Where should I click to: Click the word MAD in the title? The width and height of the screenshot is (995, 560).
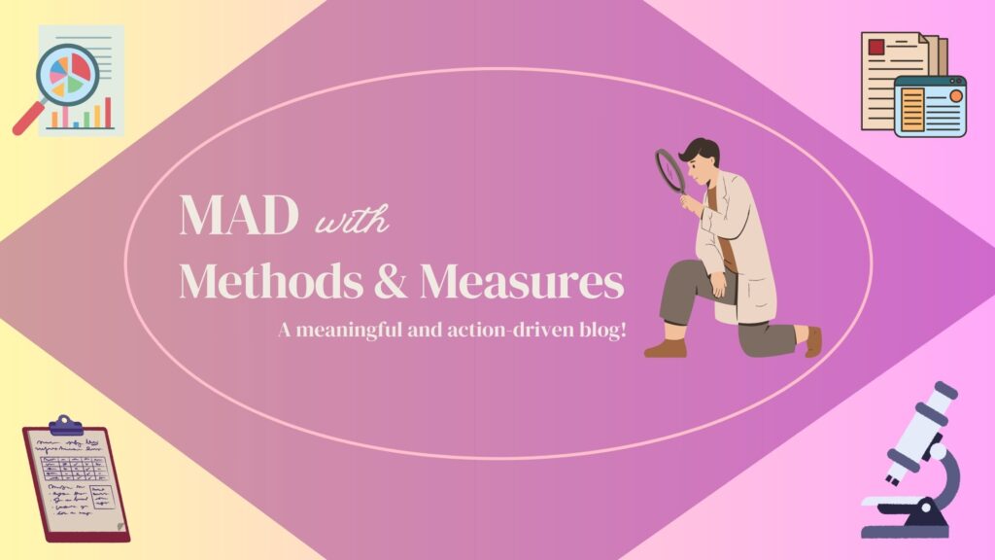pos(239,215)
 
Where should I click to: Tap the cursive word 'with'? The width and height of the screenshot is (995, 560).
pos(352,220)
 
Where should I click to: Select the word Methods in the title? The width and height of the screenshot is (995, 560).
pos(271,280)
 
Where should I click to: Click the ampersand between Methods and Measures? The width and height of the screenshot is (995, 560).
pos(391,281)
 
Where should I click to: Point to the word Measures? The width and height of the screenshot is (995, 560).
pos(522,281)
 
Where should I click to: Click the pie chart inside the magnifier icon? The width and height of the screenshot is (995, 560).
pos(69,74)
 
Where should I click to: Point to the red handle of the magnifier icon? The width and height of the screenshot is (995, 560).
pos(28,120)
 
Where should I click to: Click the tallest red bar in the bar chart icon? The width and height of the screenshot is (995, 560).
pos(108,113)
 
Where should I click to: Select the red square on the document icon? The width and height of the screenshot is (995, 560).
pos(876,47)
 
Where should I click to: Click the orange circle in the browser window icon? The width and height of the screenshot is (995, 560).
pos(956,96)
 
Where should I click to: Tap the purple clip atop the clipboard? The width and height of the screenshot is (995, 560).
pos(66,426)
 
